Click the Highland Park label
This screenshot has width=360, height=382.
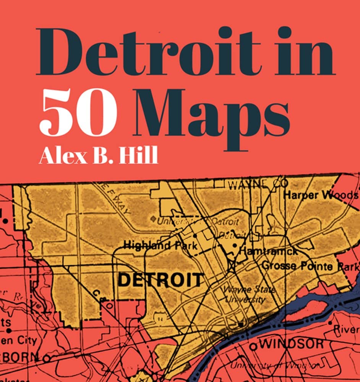point(160,246)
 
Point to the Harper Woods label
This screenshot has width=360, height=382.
point(321,195)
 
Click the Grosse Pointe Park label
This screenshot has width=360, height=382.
point(310,266)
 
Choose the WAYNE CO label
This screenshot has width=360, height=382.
point(258,185)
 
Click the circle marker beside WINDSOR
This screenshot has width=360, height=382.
point(253,346)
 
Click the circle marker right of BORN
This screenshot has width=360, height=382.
point(46,358)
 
